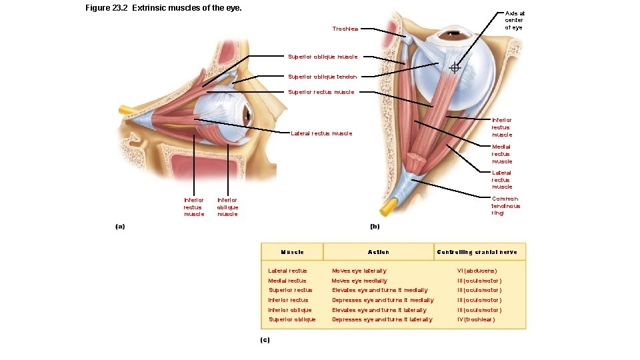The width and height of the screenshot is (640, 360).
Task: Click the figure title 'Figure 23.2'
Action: (108, 9)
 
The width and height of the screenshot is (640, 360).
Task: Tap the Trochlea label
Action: (345, 29)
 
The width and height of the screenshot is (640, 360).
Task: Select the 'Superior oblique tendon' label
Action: (322, 77)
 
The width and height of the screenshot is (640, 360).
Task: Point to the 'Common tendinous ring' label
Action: (506, 206)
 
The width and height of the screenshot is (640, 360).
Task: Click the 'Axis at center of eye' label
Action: (515, 20)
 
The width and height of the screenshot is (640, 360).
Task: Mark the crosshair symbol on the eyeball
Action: (455, 67)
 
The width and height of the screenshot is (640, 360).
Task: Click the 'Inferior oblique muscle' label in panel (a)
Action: (227, 207)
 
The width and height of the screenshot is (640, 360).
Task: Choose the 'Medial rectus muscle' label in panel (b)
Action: (502, 154)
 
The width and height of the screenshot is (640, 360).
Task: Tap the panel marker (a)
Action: (120, 227)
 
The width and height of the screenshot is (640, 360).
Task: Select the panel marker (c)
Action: (265, 340)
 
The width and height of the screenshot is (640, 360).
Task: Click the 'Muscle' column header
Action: (293, 252)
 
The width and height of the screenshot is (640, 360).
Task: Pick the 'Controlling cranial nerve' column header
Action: (477, 252)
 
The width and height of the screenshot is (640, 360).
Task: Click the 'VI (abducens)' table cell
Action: (477, 271)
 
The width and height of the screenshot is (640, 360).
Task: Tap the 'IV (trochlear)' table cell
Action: (476, 319)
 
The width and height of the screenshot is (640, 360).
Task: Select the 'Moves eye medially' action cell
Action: (359, 281)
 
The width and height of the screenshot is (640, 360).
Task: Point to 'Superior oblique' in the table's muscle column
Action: (292, 319)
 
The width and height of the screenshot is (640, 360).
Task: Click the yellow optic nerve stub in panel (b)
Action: (386, 209)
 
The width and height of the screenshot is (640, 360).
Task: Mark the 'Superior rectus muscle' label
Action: (321, 92)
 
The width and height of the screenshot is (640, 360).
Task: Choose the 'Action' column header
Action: (379, 252)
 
